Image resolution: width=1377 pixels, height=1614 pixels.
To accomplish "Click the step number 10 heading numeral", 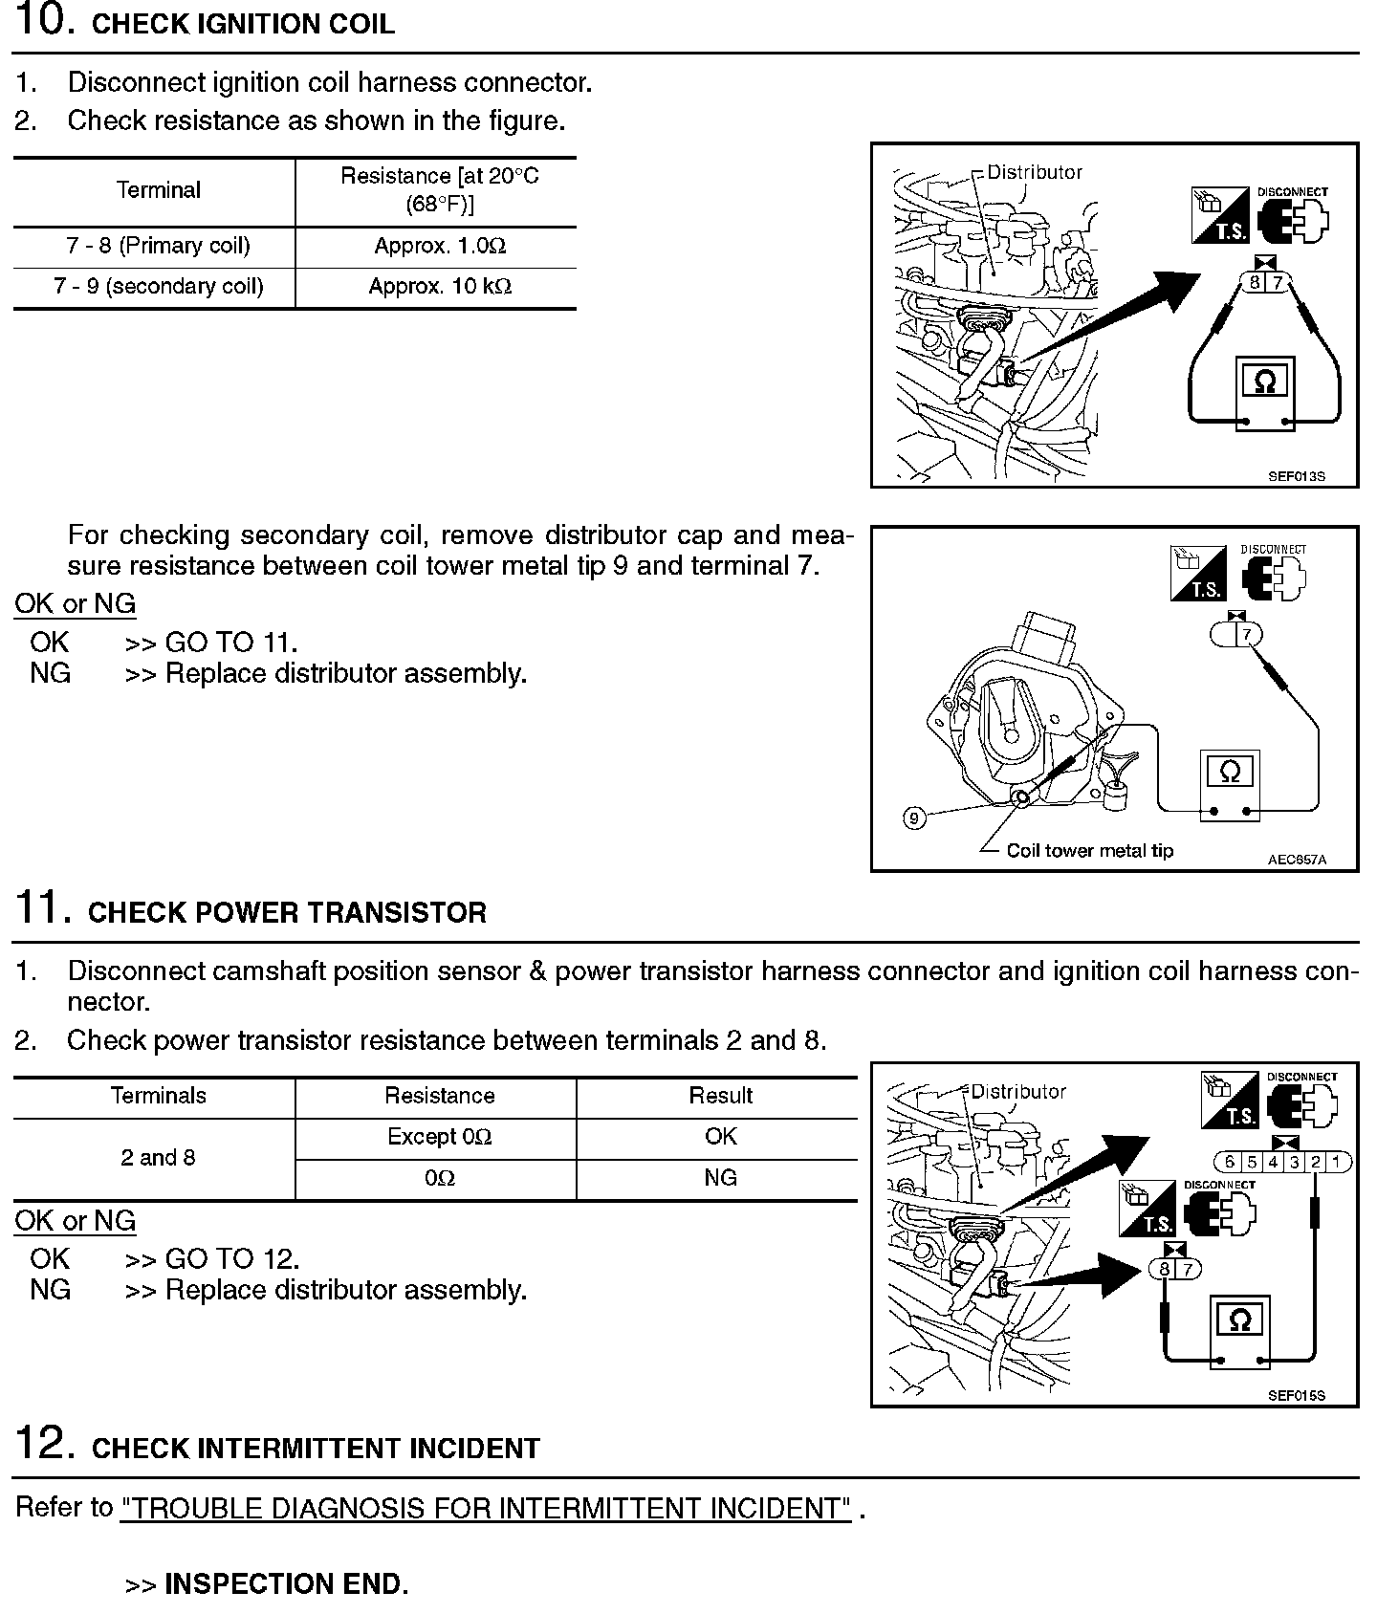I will coord(43,21).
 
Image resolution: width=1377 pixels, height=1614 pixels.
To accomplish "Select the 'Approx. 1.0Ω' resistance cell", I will coord(439,247).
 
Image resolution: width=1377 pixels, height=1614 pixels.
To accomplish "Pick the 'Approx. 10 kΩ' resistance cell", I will coord(439,287).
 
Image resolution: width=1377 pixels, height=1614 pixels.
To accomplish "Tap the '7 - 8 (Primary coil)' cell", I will coord(158,247).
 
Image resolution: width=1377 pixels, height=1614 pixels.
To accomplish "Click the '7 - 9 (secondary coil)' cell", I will coord(158,287).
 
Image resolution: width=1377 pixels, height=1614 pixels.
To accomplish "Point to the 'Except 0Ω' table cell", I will coord(439,1137).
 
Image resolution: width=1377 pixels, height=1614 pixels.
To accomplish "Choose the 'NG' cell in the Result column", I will coord(720,1178).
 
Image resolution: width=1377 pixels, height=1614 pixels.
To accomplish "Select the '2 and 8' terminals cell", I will coord(158,1158).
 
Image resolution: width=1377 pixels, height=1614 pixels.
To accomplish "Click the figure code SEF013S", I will coord(1296,476).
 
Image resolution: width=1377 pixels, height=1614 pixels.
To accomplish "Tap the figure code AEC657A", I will coord(1297,860).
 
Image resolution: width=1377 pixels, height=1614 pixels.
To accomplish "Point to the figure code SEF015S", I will coord(1296,1395).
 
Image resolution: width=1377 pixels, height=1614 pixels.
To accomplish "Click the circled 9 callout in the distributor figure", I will coord(914,818).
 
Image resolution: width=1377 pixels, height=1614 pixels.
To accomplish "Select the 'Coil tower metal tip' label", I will coord(1089,851).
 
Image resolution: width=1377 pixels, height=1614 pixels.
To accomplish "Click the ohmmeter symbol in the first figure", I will coord(1264,382).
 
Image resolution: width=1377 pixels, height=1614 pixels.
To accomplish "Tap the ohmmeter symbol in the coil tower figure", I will coord(1230,771).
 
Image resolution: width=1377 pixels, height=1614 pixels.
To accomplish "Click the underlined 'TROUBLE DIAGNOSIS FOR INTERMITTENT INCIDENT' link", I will coord(485,1509).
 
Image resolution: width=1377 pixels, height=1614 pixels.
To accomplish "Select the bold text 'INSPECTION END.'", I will coord(286,1584).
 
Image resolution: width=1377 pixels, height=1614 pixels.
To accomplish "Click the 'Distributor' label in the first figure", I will coord(1035,173).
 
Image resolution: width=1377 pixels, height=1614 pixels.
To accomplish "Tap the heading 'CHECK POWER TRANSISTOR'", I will coord(287,913).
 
